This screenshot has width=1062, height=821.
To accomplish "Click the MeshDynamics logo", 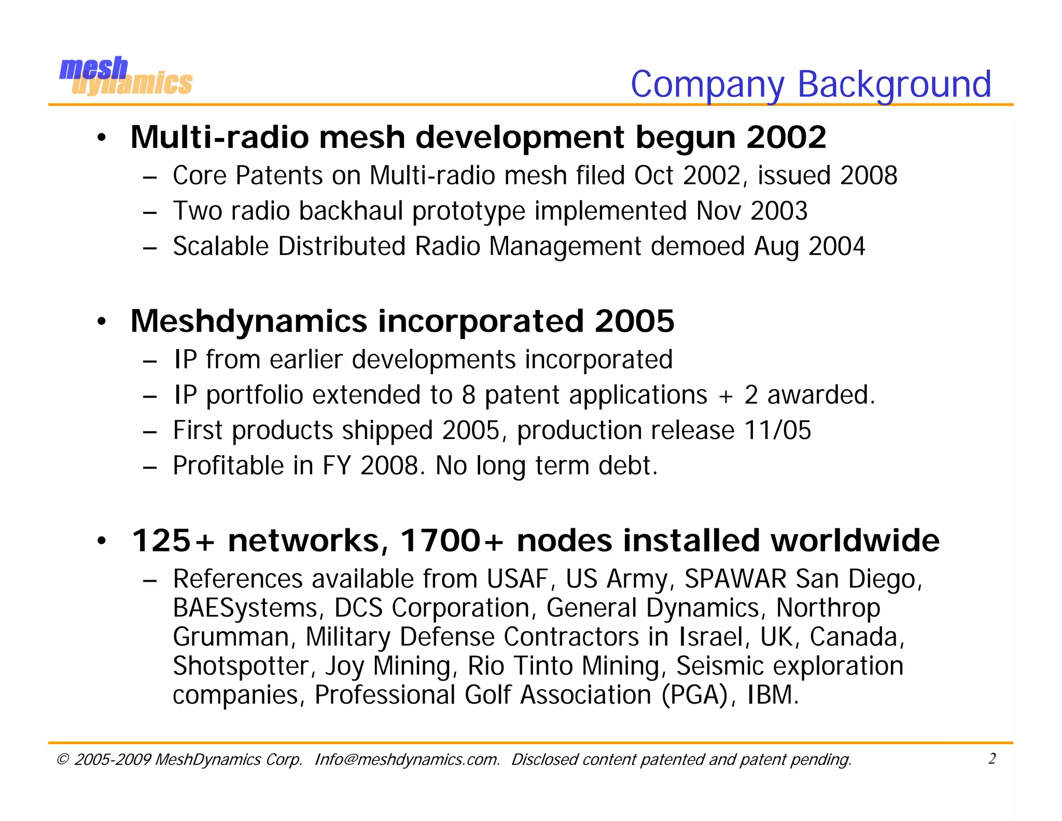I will pos(125,76).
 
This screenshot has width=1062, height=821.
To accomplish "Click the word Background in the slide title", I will pos(894,84).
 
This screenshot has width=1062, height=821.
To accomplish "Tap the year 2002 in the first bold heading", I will pos(786,138).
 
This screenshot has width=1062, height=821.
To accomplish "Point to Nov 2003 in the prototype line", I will pos(751,211).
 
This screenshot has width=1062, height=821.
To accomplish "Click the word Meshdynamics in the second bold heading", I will pos(249,321).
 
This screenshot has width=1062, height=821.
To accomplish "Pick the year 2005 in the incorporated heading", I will pos(634,321).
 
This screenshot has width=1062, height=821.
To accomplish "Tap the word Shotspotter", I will pos(241,666).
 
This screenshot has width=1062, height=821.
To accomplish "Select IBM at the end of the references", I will pos(772,695).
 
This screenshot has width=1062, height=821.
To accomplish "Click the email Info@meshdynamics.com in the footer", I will pos(407,760).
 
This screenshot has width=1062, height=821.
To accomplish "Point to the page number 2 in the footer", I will pos(991,759).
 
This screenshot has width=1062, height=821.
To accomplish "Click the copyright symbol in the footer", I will pos(62,760).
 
